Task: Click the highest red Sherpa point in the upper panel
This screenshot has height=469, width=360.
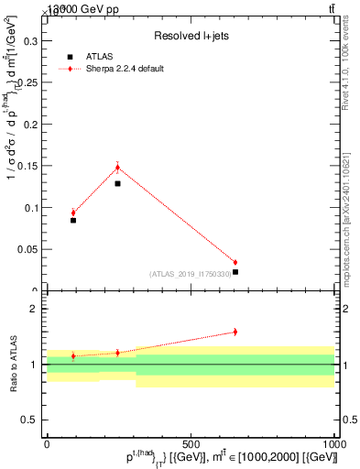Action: [x=117, y=167]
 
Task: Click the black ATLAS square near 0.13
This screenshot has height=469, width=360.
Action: [x=117, y=183]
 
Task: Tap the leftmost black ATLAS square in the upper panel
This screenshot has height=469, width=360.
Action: [x=73, y=220]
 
